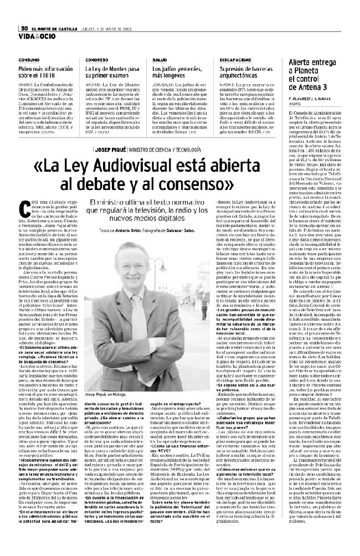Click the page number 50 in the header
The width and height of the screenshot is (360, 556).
click(x=24, y=29)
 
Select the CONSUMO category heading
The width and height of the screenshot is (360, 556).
click(x=29, y=59)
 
